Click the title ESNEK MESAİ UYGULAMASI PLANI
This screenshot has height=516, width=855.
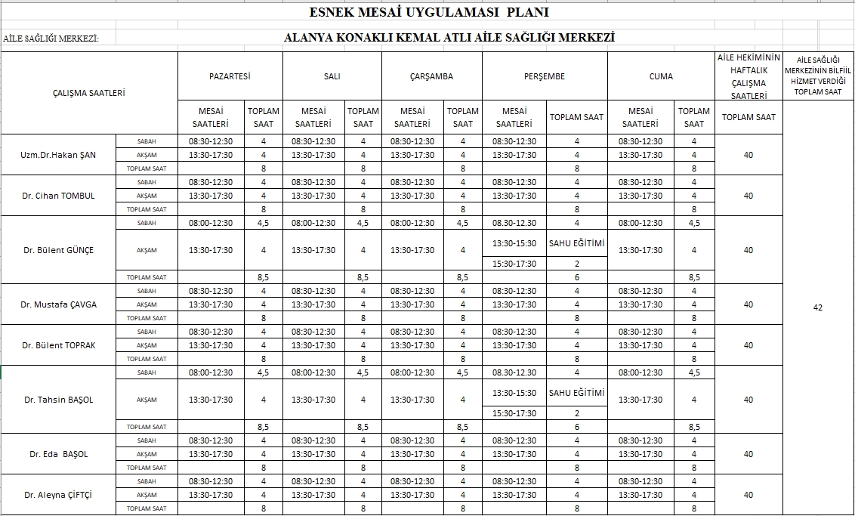point(429,12)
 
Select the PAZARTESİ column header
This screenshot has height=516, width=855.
point(230,76)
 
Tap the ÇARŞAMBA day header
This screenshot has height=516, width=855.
point(431,76)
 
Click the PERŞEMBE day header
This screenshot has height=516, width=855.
point(544,76)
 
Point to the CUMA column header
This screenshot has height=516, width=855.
point(661,76)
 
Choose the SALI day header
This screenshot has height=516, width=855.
point(332,76)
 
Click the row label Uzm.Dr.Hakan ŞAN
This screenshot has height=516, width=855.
point(58,155)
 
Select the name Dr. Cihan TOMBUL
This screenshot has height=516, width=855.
point(58,196)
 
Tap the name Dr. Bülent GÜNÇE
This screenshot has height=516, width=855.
point(58,250)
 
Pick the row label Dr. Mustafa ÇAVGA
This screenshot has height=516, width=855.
point(58,304)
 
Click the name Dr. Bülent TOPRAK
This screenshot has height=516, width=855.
point(58,345)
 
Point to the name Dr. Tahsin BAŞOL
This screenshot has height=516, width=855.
point(58,400)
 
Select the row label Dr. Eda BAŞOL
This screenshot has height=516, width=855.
point(58,454)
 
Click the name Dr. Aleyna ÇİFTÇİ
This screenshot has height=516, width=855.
point(58,495)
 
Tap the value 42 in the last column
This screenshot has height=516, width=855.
point(817,307)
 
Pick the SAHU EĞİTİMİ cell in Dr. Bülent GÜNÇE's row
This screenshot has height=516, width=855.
point(576,243)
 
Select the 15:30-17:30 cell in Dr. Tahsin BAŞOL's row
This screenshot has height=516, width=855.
point(514,413)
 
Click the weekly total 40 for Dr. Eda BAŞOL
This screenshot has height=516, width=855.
point(748,454)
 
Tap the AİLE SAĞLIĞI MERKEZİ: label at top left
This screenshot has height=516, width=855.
point(51,38)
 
